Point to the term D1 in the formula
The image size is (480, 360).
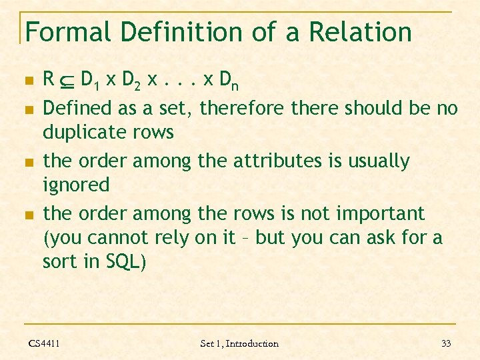tap(89, 81)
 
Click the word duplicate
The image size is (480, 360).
tap(84, 133)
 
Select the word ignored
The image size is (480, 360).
tap(76, 185)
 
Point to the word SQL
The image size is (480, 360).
tap(123, 262)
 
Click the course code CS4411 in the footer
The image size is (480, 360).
tap(44, 343)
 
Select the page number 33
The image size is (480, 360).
tap(446, 343)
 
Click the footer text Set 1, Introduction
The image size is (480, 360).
tap(239, 343)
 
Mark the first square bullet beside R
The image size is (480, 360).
tap(28, 81)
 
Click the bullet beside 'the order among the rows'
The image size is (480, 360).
tap(28, 215)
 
